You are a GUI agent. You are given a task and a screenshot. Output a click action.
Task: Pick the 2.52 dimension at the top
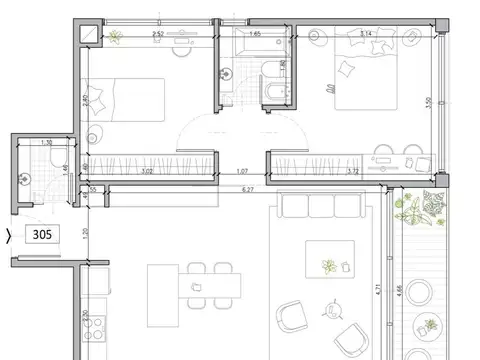coord(157,35)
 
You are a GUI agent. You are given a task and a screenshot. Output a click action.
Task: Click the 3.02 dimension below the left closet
coord(147,172)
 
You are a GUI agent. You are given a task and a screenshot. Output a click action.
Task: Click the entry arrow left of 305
coord(9,237)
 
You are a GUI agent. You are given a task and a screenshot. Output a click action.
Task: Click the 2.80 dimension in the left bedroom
coord(86,100)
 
